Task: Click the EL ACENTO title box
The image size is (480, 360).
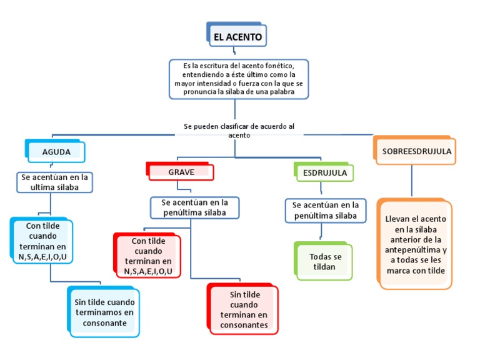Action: click(237, 36)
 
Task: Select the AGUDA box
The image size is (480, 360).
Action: click(56, 152)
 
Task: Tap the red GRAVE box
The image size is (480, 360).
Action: click(181, 172)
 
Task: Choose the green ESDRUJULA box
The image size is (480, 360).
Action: click(324, 172)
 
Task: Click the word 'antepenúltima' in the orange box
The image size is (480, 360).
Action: click(416, 249)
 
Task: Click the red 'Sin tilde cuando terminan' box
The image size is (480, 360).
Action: click(243, 309)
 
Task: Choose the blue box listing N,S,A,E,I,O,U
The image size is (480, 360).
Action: click(42, 241)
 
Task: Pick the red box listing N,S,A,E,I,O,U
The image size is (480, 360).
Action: click(148, 256)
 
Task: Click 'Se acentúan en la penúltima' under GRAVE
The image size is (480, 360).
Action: click(194, 207)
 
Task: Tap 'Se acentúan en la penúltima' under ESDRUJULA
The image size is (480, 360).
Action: click(325, 210)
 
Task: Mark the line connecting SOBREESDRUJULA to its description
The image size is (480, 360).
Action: click(411, 181)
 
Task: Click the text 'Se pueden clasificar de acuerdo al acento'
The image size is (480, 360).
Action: click(238, 130)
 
